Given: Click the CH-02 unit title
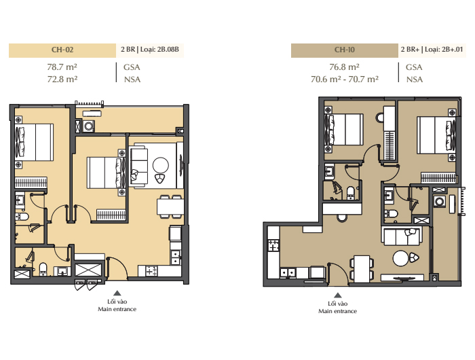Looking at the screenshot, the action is tap(62, 50).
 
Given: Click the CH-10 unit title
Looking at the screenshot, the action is tap(345, 50).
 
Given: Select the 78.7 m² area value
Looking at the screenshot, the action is tap(62, 67).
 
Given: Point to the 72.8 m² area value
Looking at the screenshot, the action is tap(62, 79).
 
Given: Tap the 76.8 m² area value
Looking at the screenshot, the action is tap(345, 67).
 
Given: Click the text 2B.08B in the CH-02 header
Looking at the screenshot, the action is tap(168, 49).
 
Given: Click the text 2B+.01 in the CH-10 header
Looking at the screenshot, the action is tap(453, 49).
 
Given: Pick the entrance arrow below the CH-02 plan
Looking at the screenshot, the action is tap(117, 293).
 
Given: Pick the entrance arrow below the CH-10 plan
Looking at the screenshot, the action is tap(338, 295).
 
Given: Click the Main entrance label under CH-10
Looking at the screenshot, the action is tap(337, 311).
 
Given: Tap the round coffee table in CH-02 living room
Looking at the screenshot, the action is tap(161, 165).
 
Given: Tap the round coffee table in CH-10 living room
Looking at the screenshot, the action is tap(401, 259).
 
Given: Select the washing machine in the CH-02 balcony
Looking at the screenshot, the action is tap(89, 126).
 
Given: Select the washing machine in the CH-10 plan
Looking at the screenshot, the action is tap(439, 201).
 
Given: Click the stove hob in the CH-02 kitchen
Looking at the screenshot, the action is tap(151, 271).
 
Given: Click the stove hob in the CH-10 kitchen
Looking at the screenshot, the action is tap(273, 245).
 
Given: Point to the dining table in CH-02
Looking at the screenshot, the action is tap(170, 207).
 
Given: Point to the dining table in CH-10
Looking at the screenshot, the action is tap(362, 269).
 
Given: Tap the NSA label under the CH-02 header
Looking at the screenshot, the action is tap(132, 79).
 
